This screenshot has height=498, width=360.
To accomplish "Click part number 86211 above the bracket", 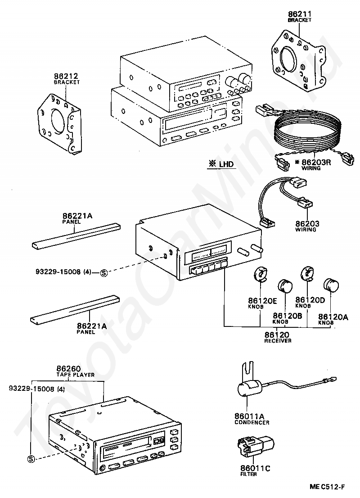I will tap(300, 15).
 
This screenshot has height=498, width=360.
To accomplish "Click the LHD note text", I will tap(224, 164).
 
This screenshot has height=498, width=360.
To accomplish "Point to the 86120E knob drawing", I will tap(260, 274).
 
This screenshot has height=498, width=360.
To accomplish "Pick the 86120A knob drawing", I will tap(331, 285).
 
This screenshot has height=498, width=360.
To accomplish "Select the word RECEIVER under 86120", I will tap(278, 341).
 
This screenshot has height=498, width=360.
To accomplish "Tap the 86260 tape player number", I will tap(68, 368).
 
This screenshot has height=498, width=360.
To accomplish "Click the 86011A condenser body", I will tap(249, 388).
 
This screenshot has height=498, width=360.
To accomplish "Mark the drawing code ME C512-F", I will tap(327, 487).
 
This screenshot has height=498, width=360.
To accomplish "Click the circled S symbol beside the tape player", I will tap(31, 459).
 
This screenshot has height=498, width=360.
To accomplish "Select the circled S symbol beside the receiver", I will tap(103, 272).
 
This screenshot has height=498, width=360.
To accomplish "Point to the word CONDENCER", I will tap(252, 422).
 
